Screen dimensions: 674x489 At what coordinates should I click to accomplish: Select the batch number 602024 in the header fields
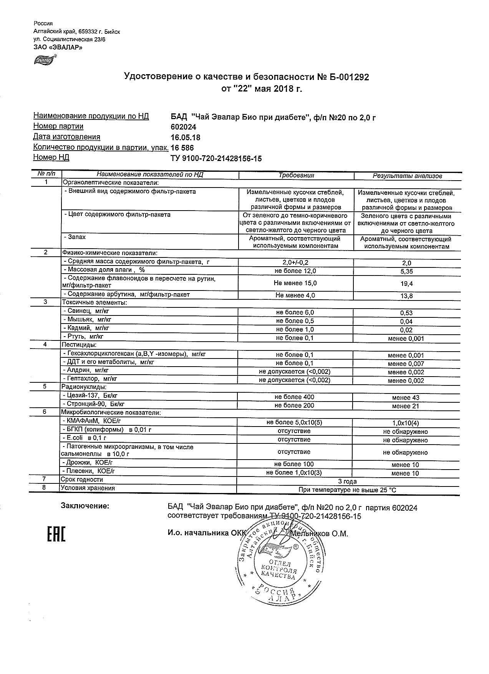click(x=183, y=127)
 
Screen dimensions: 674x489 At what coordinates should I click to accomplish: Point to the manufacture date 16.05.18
click(x=185, y=138)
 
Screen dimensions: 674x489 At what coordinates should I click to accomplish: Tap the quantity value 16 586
click(x=182, y=148)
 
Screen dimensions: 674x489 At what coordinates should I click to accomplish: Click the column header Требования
click(x=296, y=176)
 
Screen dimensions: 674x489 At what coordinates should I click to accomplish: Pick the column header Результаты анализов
click(x=407, y=176)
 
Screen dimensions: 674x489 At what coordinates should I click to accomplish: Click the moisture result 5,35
click(x=406, y=272)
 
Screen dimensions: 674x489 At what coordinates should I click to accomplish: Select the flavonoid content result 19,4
click(x=406, y=284)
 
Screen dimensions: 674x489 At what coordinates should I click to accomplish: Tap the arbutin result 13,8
click(x=406, y=296)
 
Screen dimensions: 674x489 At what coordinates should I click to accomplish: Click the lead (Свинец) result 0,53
click(x=406, y=313)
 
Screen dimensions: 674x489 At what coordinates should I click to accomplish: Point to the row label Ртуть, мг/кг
click(x=83, y=337)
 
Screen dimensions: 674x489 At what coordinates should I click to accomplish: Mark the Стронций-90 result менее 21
click(x=406, y=406)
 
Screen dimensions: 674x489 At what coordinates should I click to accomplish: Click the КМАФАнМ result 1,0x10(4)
click(x=406, y=423)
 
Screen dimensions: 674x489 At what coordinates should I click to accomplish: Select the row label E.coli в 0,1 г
click(x=84, y=438)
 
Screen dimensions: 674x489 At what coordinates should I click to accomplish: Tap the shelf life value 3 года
click(x=347, y=481)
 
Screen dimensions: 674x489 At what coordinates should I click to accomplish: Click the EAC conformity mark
click(x=56, y=535)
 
